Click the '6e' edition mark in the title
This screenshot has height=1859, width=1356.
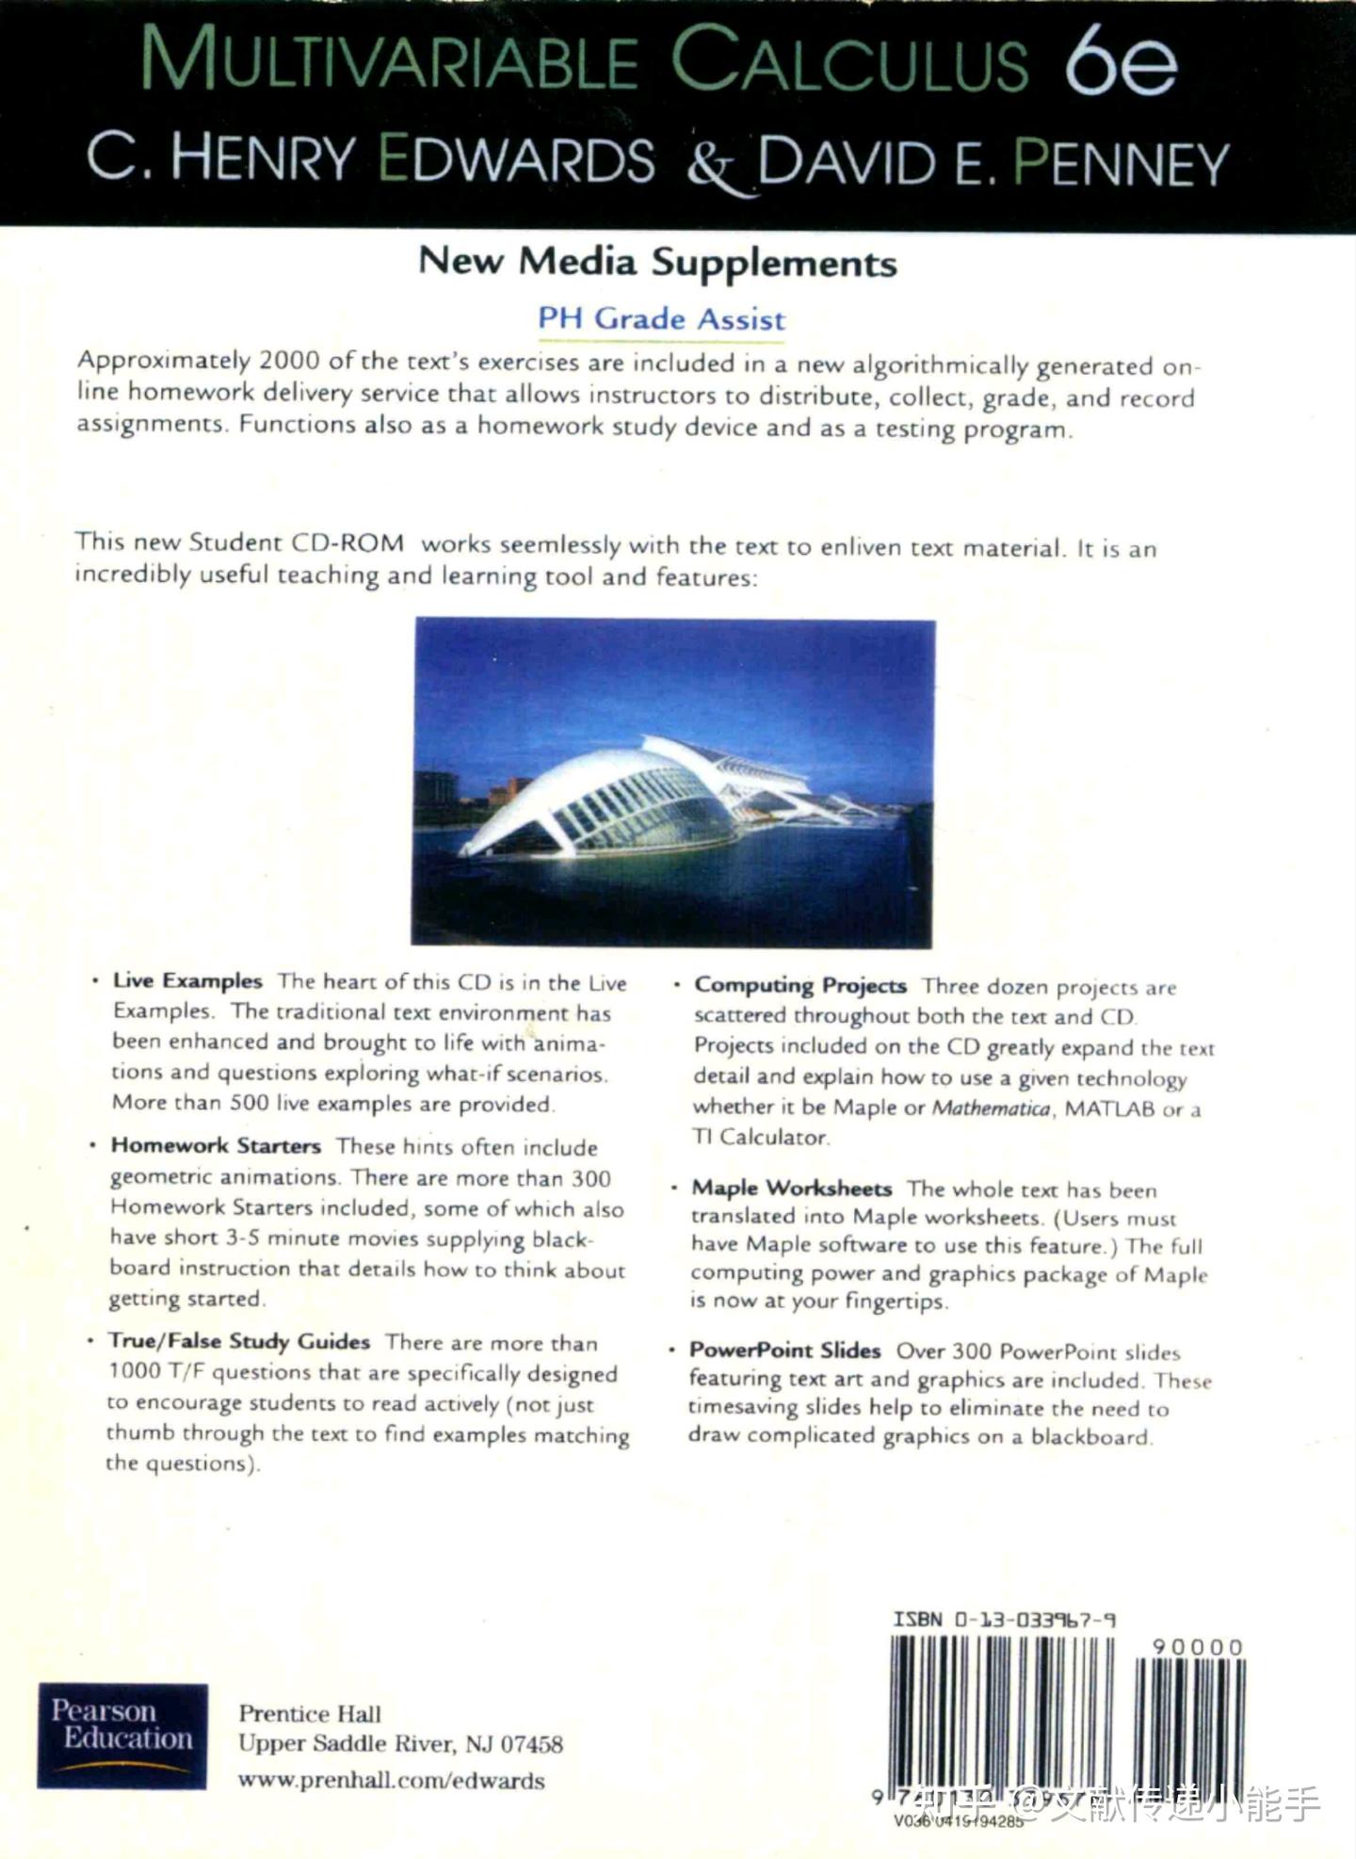[1121, 62]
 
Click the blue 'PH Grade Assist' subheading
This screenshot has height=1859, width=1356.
[661, 318]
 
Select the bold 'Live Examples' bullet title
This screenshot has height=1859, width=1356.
[187, 980]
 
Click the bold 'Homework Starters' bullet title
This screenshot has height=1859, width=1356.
[216, 1145]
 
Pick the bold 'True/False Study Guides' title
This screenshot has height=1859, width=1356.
[239, 1341]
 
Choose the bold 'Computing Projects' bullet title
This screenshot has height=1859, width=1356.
[800, 985]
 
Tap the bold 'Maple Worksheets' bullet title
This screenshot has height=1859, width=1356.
[792, 1188]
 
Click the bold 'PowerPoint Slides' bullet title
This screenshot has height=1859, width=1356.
[785, 1350]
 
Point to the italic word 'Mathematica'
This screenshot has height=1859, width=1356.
[991, 1107]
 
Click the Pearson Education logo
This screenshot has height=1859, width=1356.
[122, 1736]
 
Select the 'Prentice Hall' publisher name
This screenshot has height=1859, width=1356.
[310, 1713]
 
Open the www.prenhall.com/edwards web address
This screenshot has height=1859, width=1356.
[391, 1780]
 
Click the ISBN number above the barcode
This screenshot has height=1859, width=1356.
[1004, 1620]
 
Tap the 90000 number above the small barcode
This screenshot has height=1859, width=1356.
[1198, 1647]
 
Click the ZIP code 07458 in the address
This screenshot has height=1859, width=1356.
[531, 1744]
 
